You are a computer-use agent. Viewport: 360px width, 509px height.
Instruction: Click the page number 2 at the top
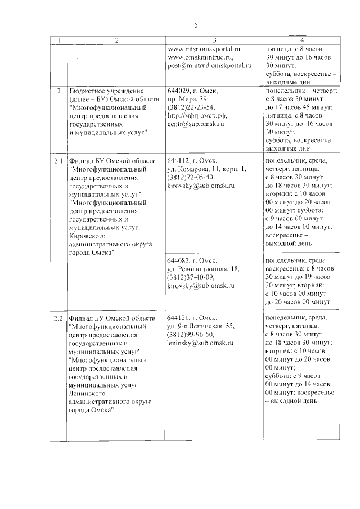coord(196,25)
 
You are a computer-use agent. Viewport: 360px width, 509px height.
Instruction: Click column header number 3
coord(214,40)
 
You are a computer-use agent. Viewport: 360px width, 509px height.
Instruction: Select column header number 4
coord(302,40)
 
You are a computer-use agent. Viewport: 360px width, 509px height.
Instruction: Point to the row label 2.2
coord(58,318)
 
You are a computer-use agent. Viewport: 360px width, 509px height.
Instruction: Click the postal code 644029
coord(178,91)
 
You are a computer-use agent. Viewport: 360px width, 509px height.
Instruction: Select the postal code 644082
coord(178,261)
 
